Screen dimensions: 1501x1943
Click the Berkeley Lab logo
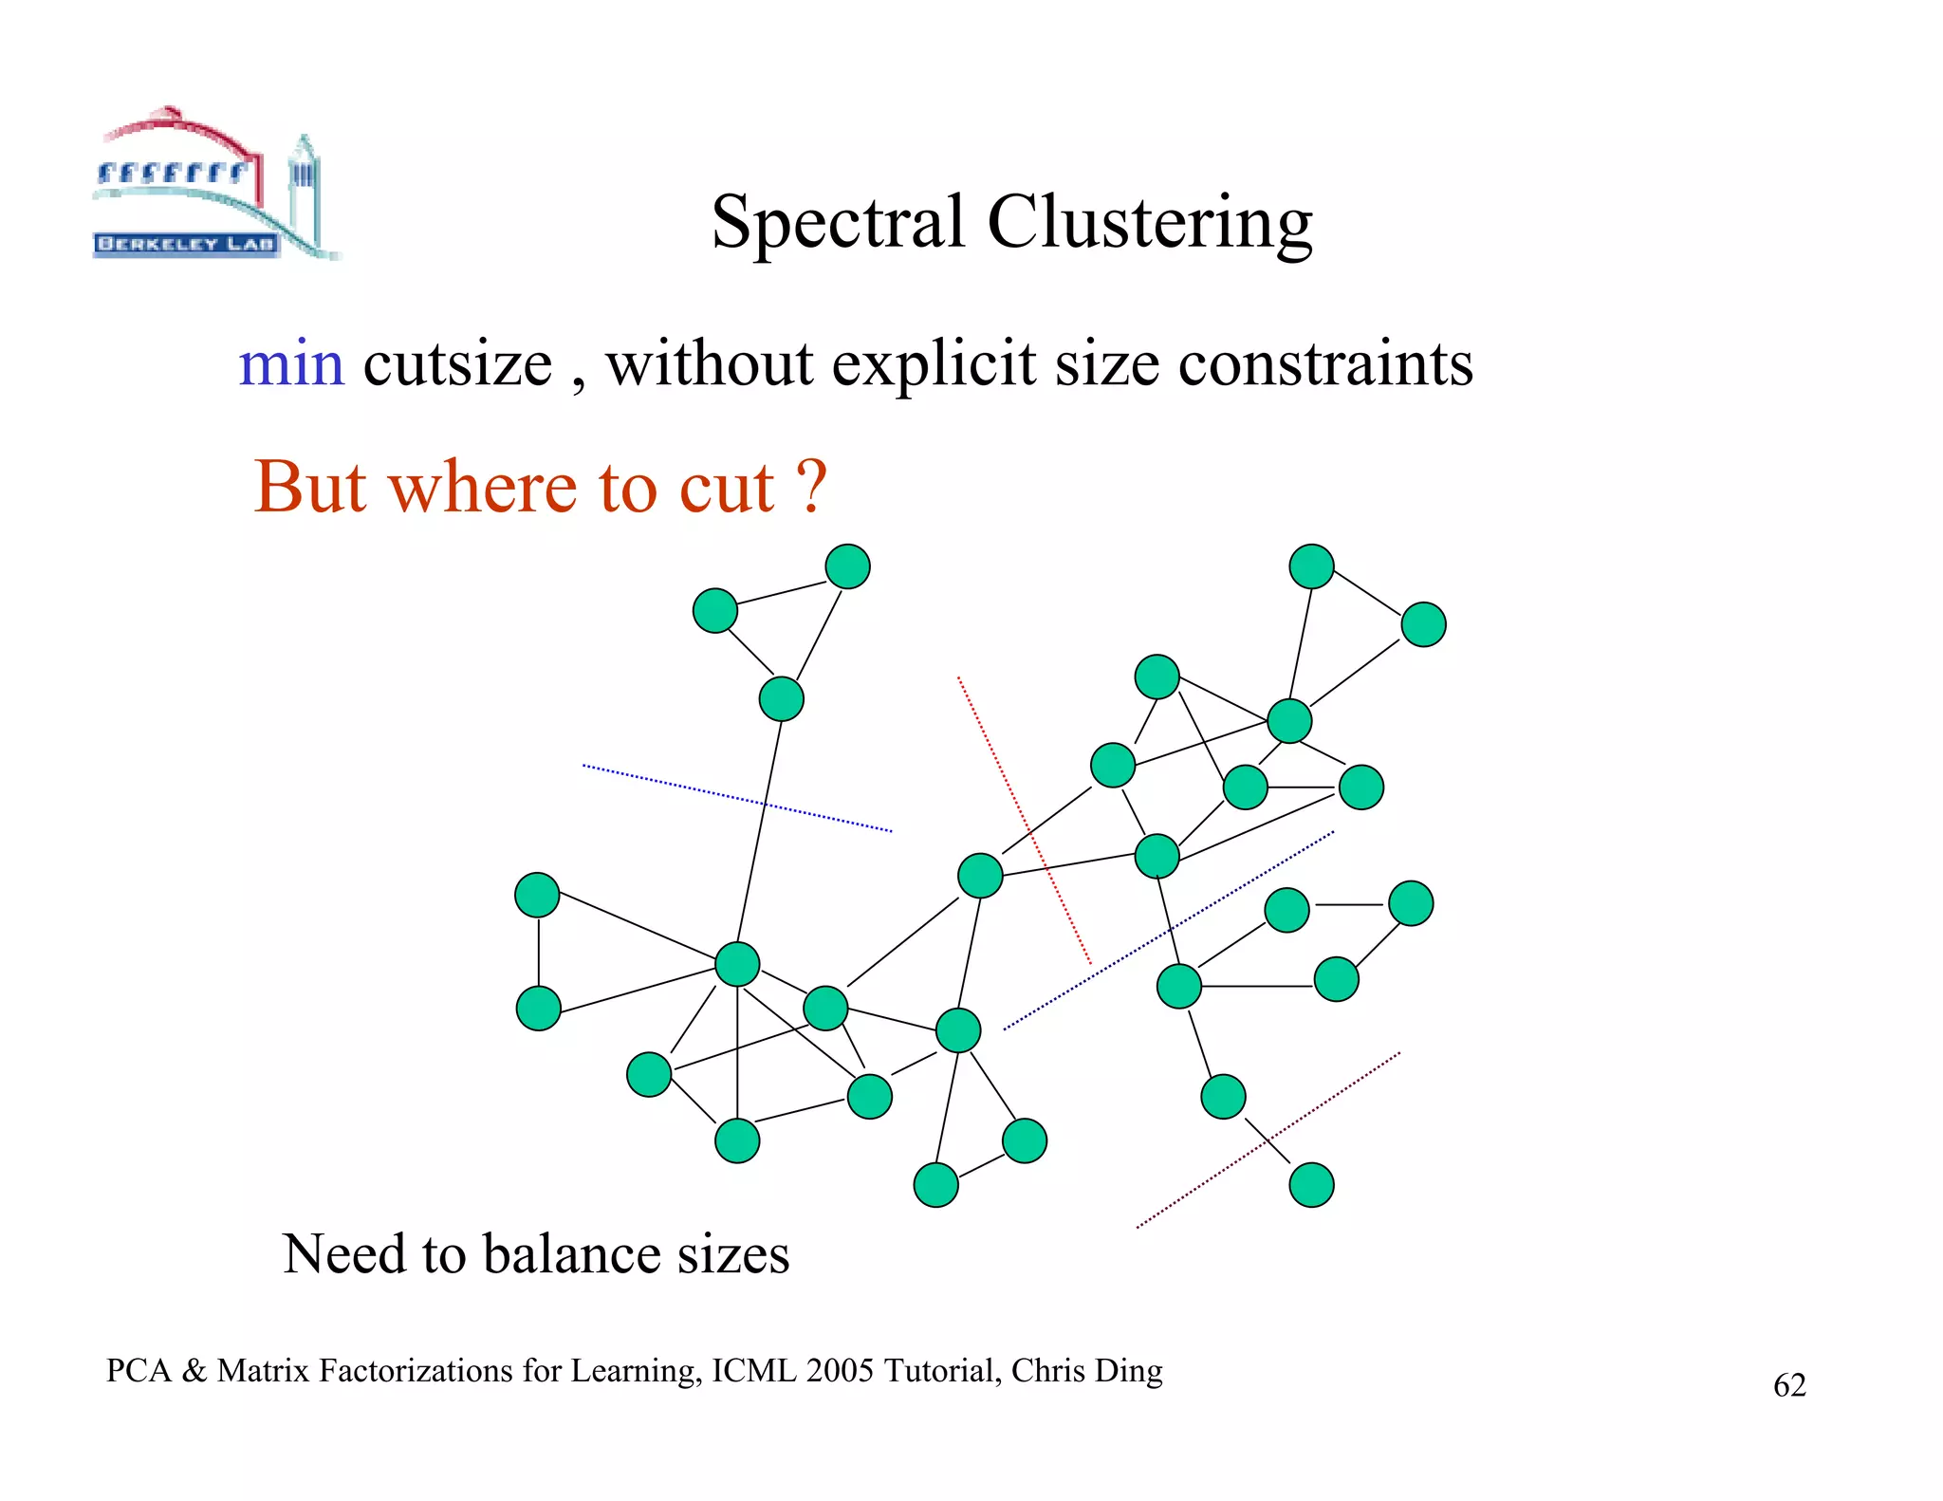[213, 185]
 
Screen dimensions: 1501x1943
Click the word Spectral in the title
[838, 222]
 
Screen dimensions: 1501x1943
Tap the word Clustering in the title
[1149, 222]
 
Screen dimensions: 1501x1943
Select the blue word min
[290, 363]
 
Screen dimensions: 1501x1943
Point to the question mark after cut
[811, 486]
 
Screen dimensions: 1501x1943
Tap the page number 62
[1789, 1385]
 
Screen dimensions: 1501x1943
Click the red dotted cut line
[1025, 822]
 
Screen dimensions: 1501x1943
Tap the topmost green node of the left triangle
[847, 566]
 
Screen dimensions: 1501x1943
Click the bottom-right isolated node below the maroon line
[1311, 1185]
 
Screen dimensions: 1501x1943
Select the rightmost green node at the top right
[1423, 624]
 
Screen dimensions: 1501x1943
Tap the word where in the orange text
[484, 486]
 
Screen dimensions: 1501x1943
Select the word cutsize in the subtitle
[457, 363]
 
